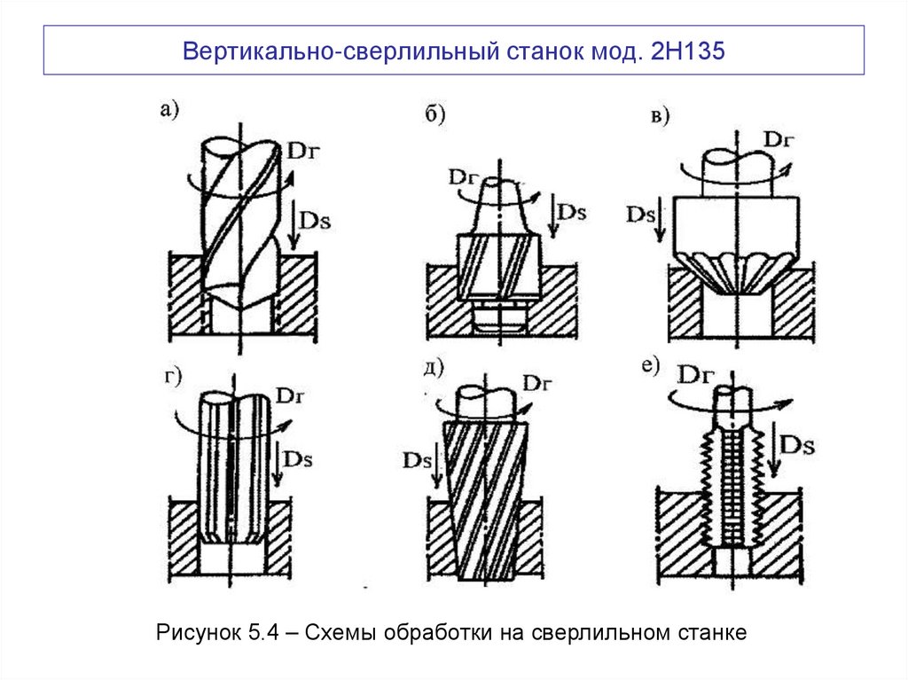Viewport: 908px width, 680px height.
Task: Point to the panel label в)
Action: [658, 115]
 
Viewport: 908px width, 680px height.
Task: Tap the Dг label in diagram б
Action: [463, 176]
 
